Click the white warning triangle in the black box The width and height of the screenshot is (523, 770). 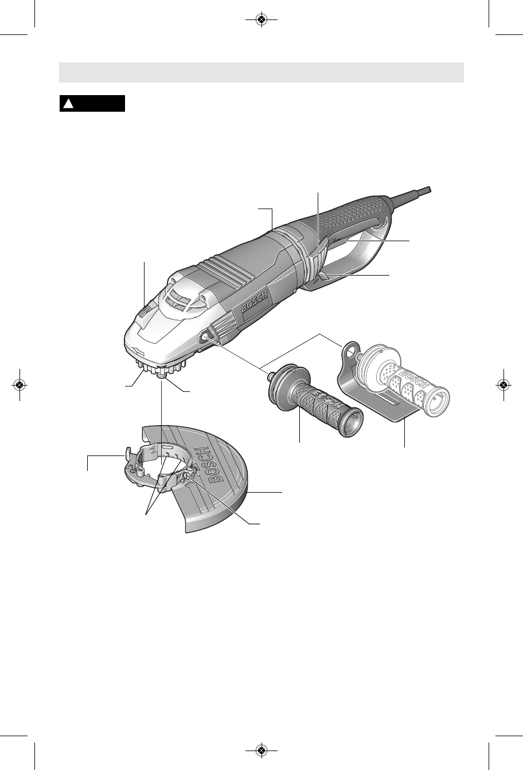pyautogui.click(x=68, y=104)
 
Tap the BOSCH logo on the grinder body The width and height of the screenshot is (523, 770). pyautogui.click(x=254, y=301)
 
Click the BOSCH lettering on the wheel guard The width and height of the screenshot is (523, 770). pyautogui.click(x=208, y=466)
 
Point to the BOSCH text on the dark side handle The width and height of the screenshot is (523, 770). pyautogui.click(x=329, y=400)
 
